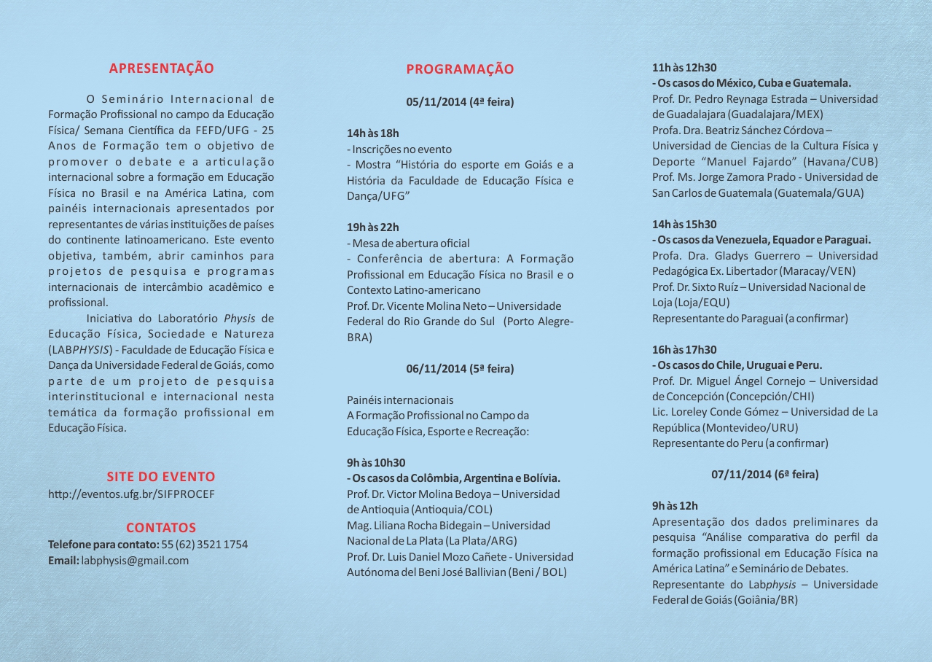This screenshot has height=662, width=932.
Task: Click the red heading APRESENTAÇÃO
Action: (161, 69)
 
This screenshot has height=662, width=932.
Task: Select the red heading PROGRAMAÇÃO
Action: (460, 69)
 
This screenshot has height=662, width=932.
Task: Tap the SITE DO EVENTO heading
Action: (161, 477)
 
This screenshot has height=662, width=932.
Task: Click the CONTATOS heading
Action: (161, 527)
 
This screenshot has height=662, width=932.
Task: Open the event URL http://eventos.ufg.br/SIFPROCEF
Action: (131, 494)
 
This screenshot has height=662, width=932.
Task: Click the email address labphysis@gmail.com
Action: (135, 561)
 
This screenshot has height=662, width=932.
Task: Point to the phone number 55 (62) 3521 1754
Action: (204, 545)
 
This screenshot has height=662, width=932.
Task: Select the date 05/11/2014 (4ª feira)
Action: (460, 102)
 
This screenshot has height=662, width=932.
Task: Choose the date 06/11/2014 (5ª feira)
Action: (460, 369)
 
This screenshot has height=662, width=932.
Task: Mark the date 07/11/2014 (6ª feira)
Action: (764, 475)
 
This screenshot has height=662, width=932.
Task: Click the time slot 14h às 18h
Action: (373, 133)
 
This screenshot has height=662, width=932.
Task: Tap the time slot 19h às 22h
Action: (373, 227)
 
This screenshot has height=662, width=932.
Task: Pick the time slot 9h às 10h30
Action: (376, 463)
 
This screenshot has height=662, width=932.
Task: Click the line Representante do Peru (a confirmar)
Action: (740, 443)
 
